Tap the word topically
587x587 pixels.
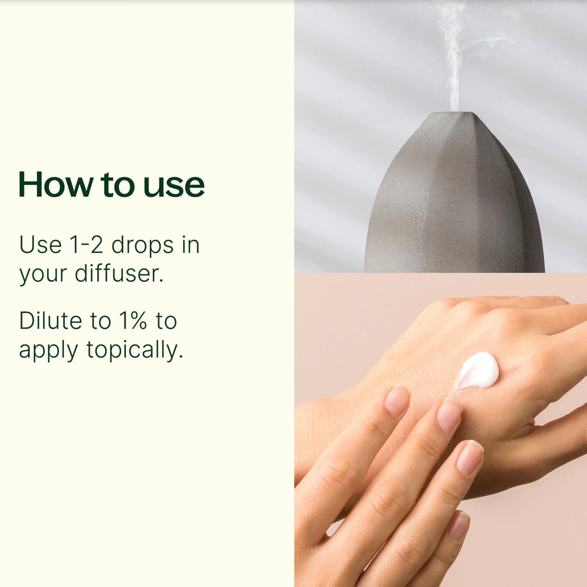(x=135, y=351)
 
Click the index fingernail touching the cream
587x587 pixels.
(x=449, y=416)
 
